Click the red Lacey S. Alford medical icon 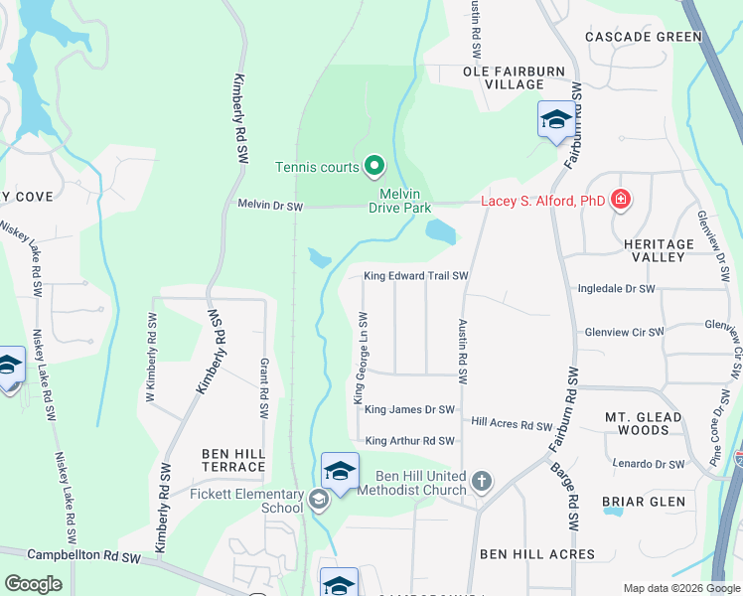[622, 201]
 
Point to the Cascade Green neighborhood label [643, 37]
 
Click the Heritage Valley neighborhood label [659, 250]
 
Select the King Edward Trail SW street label [415, 276]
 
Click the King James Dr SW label [409, 409]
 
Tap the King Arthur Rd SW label [409, 441]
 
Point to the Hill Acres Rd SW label [511, 424]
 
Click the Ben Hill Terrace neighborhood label [233, 460]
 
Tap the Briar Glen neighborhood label [643, 502]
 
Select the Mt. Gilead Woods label [651, 423]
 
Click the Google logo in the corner [33, 584]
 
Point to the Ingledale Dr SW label [616, 289]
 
